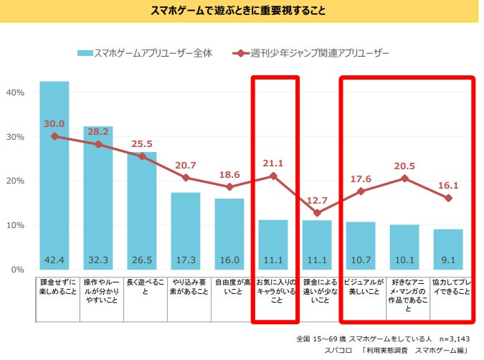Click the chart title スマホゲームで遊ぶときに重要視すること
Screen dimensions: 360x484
(242, 11)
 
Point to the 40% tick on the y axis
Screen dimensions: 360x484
(16, 93)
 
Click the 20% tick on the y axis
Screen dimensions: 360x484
(16, 181)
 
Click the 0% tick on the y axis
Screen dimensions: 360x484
(18, 270)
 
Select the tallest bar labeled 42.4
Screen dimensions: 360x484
(54, 176)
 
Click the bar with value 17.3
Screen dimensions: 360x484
(185, 229)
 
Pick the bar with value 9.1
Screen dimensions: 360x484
(448, 248)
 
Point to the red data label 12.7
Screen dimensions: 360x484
(317, 199)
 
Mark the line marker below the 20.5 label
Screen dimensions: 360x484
(404, 178)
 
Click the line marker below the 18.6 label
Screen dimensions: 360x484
(229, 187)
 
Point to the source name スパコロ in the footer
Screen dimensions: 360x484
(339, 351)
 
